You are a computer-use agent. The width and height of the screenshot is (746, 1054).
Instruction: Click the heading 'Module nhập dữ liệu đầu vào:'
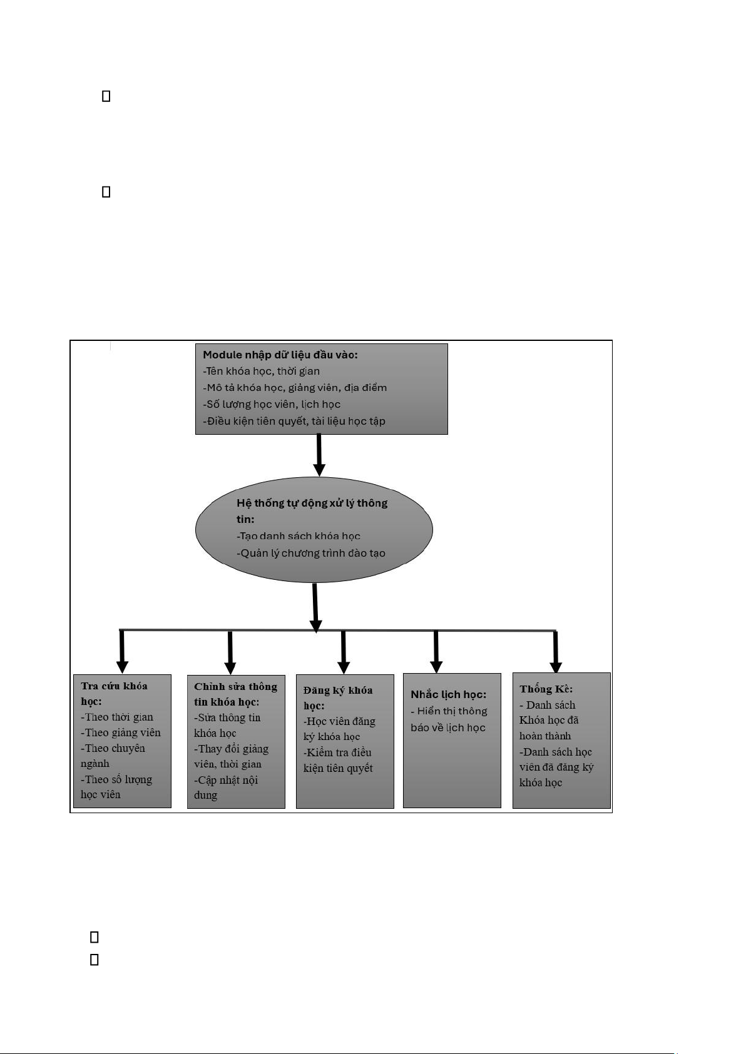(x=280, y=355)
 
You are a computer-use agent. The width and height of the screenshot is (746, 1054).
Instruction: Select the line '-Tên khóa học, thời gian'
(x=261, y=372)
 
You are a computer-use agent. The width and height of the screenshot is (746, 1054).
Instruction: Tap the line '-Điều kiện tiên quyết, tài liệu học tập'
(x=294, y=421)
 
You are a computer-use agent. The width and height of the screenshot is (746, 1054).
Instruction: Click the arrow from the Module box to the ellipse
(x=319, y=455)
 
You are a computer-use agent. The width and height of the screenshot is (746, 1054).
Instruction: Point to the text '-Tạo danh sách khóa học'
(x=299, y=536)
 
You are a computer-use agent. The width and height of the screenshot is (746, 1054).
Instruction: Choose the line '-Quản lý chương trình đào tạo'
(x=311, y=553)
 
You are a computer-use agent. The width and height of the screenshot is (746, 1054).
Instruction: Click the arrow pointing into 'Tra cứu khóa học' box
(x=123, y=652)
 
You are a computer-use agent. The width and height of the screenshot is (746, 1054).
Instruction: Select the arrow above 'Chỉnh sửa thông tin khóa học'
(x=230, y=652)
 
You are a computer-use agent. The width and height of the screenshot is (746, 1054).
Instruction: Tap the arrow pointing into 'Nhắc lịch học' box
(x=436, y=652)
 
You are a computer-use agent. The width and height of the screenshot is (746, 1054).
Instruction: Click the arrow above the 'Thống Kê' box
(x=556, y=652)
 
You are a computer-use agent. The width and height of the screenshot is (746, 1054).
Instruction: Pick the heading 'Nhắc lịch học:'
(x=449, y=694)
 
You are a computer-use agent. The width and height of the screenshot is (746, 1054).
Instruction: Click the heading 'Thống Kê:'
(x=546, y=689)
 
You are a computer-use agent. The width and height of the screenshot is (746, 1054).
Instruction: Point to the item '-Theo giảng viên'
(x=121, y=732)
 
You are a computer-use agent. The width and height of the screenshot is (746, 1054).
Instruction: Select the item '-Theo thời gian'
(x=117, y=717)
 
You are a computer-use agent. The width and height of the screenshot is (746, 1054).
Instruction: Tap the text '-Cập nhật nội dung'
(x=226, y=788)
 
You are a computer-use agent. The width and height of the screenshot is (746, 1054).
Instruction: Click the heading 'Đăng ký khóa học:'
(x=338, y=698)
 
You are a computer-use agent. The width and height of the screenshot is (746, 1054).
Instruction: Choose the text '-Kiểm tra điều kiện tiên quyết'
(x=338, y=761)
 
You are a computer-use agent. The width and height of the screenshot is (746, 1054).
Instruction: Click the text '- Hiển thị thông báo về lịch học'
(x=449, y=719)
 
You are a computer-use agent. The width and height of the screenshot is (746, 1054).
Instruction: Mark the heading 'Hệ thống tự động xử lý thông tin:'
(x=312, y=511)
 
